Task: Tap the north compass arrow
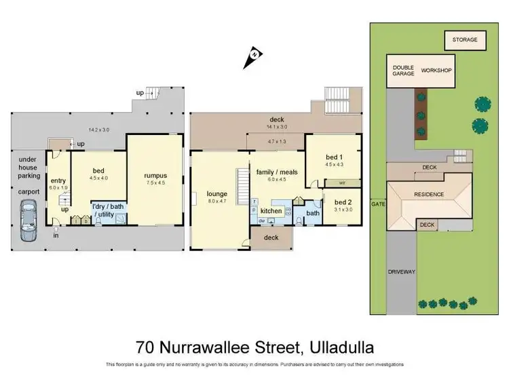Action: click(252, 58)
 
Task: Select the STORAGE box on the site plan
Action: click(466, 40)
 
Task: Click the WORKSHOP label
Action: click(436, 70)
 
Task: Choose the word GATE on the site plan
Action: click(377, 203)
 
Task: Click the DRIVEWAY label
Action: click(401, 271)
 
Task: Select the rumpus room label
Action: click(155, 176)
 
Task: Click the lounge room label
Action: click(217, 193)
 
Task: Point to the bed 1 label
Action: click(331, 157)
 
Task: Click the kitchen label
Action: click(271, 211)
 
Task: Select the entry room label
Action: click(58, 180)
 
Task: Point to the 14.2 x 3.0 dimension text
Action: click(98, 130)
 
